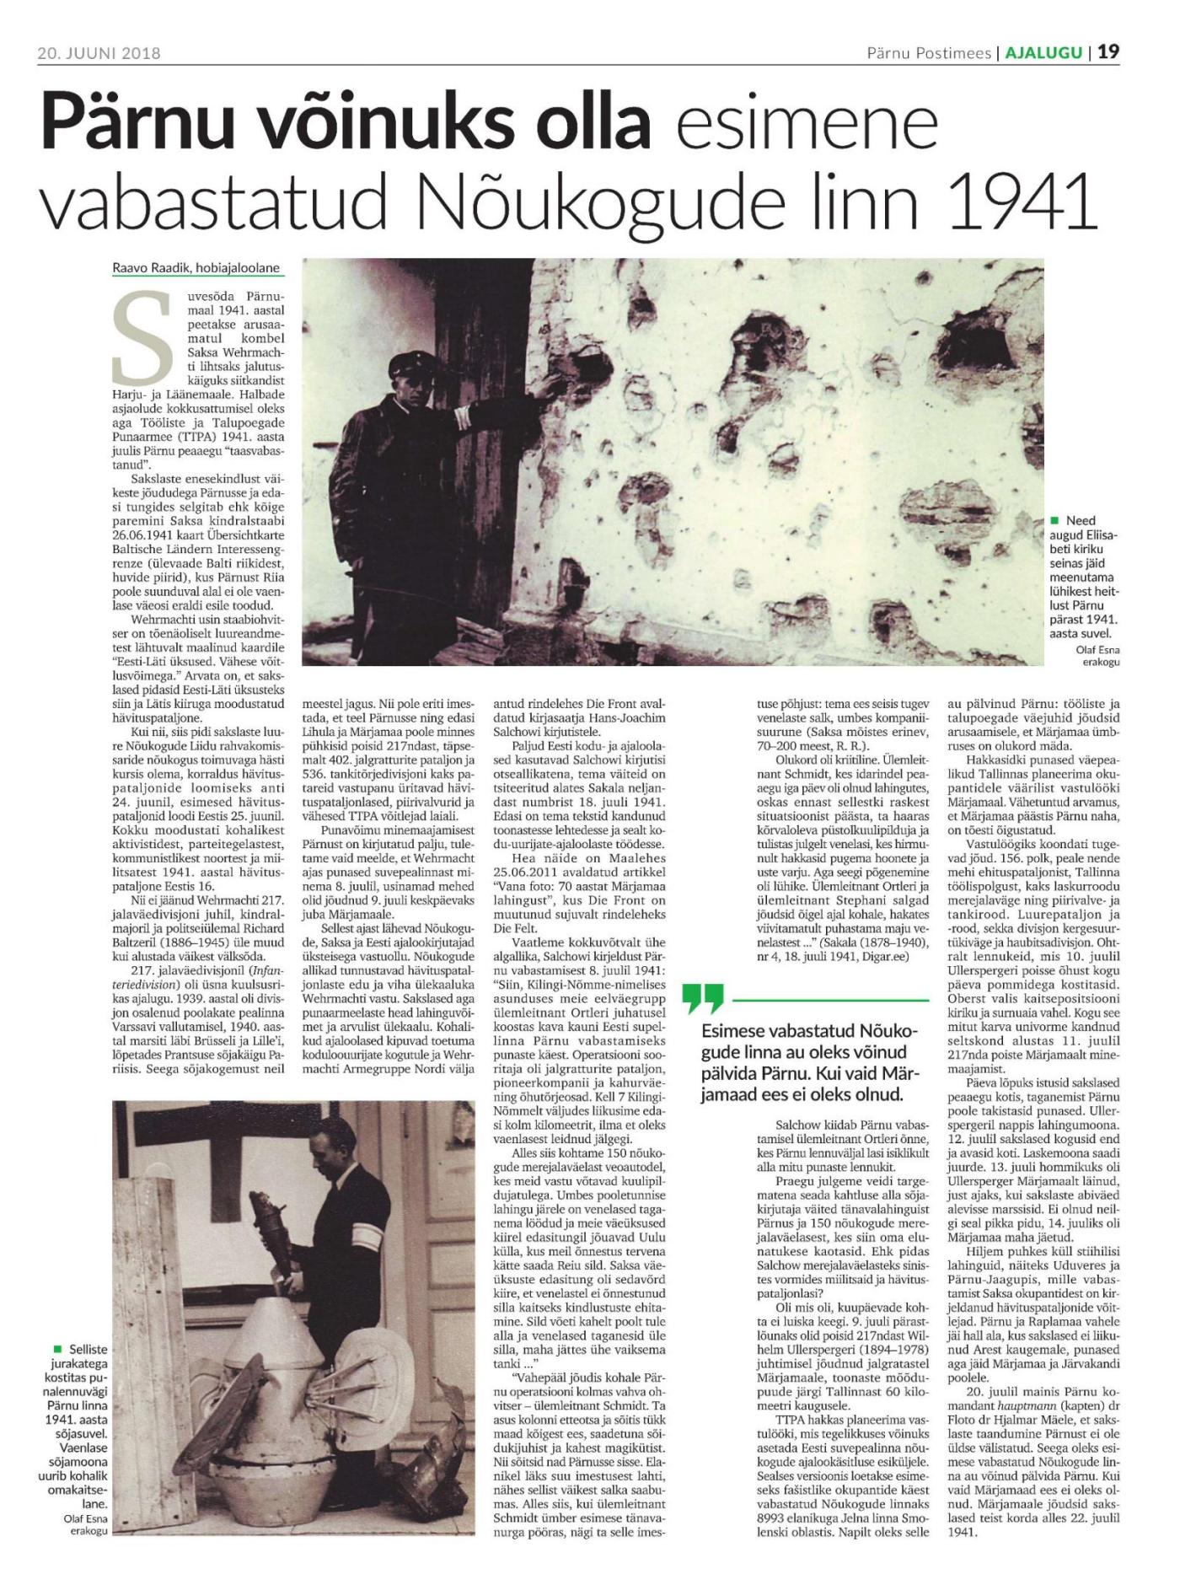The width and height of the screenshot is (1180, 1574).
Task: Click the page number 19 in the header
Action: click(1108, 52)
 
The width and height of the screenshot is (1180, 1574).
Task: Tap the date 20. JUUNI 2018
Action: click(99, 53)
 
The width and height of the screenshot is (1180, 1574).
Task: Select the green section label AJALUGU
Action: click(1043, 52)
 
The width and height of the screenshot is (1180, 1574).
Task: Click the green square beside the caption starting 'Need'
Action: click(1055, 521)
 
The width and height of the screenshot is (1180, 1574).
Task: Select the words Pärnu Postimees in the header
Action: click(928, 52)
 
